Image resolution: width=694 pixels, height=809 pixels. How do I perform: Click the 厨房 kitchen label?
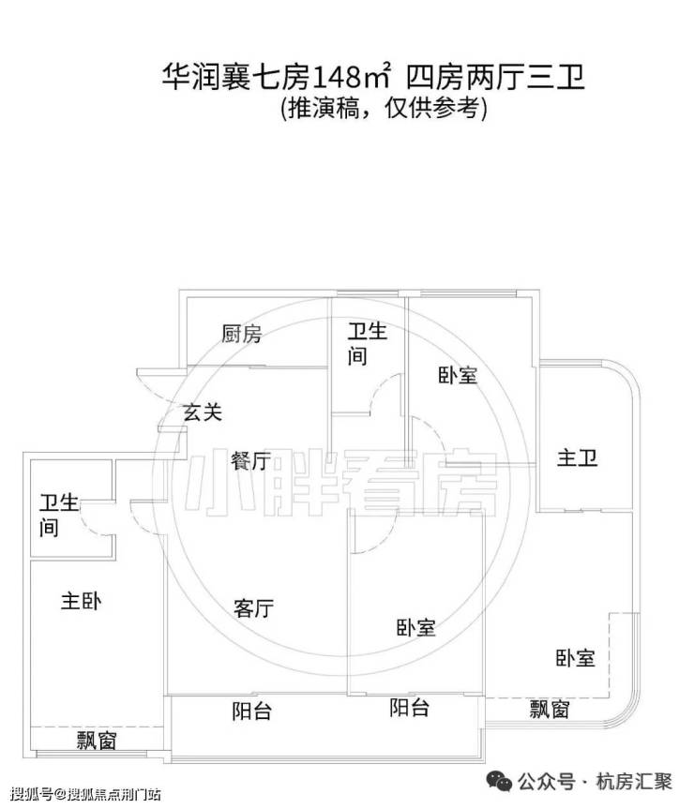241,334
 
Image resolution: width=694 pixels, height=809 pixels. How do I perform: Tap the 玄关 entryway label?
203,412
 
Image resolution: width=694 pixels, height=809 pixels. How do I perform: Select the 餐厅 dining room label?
250,460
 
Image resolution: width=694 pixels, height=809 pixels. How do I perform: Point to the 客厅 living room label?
253,608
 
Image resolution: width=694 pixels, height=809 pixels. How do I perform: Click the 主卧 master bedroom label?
81,601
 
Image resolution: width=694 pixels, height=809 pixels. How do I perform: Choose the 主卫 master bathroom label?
577,458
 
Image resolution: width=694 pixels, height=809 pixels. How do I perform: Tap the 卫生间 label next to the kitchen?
367,344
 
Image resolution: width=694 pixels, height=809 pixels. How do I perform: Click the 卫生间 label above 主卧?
59,516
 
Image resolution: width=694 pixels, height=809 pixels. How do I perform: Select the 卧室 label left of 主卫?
458,375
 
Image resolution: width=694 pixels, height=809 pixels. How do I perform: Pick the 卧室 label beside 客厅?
415,627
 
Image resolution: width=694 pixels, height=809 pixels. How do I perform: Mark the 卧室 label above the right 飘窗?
575,658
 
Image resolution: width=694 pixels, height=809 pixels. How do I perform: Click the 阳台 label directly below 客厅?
251,712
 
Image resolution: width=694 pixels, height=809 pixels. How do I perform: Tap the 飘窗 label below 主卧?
97,741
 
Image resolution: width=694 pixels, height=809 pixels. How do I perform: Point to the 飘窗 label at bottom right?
550,710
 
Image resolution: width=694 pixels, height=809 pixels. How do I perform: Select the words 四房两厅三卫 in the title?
495,78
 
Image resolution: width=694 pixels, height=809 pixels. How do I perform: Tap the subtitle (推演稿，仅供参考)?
384,109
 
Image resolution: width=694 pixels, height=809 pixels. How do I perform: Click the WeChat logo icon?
500,781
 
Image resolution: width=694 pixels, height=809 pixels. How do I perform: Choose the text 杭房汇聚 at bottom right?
634,782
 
